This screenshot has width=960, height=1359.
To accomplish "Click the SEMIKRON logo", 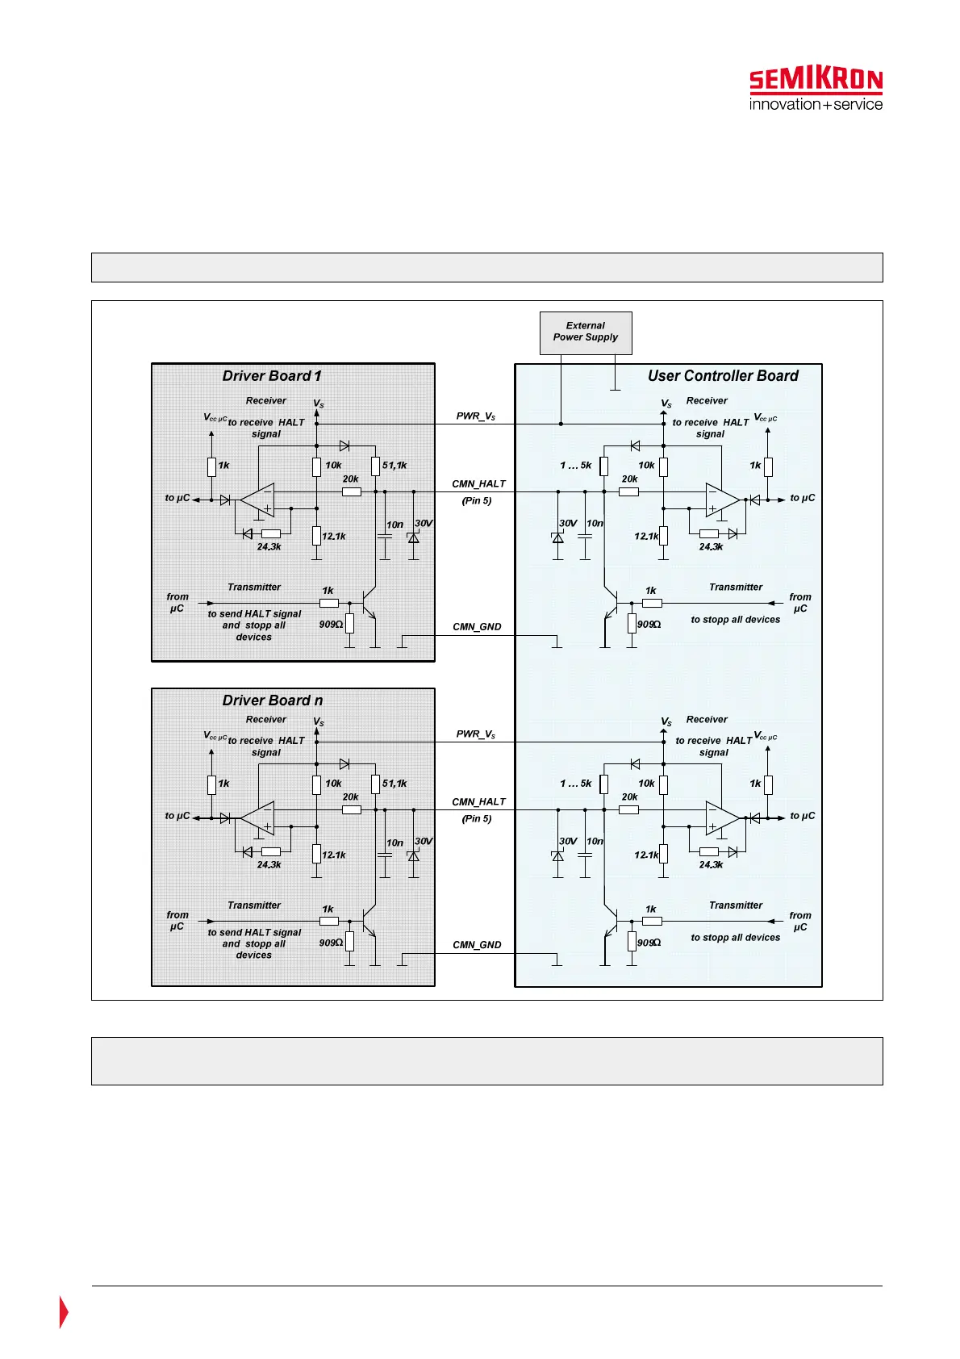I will [x=816, y=89].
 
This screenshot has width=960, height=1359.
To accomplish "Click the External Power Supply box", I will [x=586, y=332].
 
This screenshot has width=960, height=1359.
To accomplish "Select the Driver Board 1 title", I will [x=272, y=376].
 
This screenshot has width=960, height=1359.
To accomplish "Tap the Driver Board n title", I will [x=272, y=700].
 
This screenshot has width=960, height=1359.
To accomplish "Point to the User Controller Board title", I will [x=723, y=376].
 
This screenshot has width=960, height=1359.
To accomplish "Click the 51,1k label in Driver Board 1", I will [x=394, y=466].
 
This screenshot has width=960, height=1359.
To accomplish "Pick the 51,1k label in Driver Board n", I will [x=394, y=784].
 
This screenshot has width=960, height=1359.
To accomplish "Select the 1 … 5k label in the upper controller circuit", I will [x=576, y=466].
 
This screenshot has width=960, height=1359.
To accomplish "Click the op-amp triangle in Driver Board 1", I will [x=258, y=500].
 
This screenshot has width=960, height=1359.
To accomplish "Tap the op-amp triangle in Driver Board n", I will [x=258, y=818].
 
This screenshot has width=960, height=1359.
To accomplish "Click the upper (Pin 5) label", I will [x=477, y=501].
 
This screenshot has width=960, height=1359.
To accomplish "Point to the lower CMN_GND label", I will [x=477, y=945].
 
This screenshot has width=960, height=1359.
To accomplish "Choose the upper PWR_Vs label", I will [x=476, y=416].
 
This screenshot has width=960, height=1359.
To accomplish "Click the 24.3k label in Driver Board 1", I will [x=269, y=547].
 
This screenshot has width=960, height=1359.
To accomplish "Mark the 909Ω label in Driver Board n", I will [x=331, y=943].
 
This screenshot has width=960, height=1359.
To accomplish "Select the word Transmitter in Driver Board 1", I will [x=254, y=588].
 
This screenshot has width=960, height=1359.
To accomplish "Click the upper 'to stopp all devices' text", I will [x=736, y=620].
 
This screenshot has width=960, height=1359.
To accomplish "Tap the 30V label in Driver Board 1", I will [x=424, y=524].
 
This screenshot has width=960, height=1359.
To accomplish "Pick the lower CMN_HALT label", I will [x=478, y=802].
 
